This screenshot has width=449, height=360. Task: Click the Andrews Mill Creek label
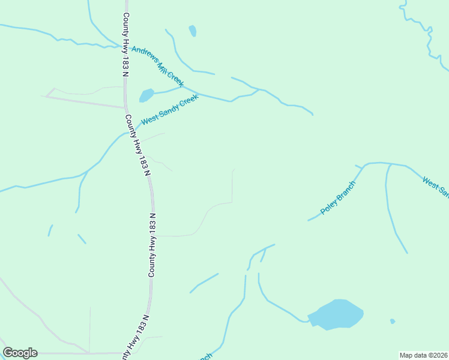157,67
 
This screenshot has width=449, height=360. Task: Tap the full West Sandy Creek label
169,110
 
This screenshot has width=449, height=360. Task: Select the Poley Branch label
338,197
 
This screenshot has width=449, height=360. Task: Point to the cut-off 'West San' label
436,187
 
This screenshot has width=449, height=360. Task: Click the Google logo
20,353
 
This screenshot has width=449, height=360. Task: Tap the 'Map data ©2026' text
423,355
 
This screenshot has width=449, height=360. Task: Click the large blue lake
336,314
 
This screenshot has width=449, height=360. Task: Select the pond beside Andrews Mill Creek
146,95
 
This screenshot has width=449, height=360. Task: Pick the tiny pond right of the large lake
393,321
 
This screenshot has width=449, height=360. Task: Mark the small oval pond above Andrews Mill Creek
192,31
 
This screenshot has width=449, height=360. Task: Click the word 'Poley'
329,206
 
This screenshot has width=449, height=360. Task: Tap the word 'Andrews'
145,56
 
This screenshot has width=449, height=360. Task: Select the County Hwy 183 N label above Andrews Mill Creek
126,45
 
